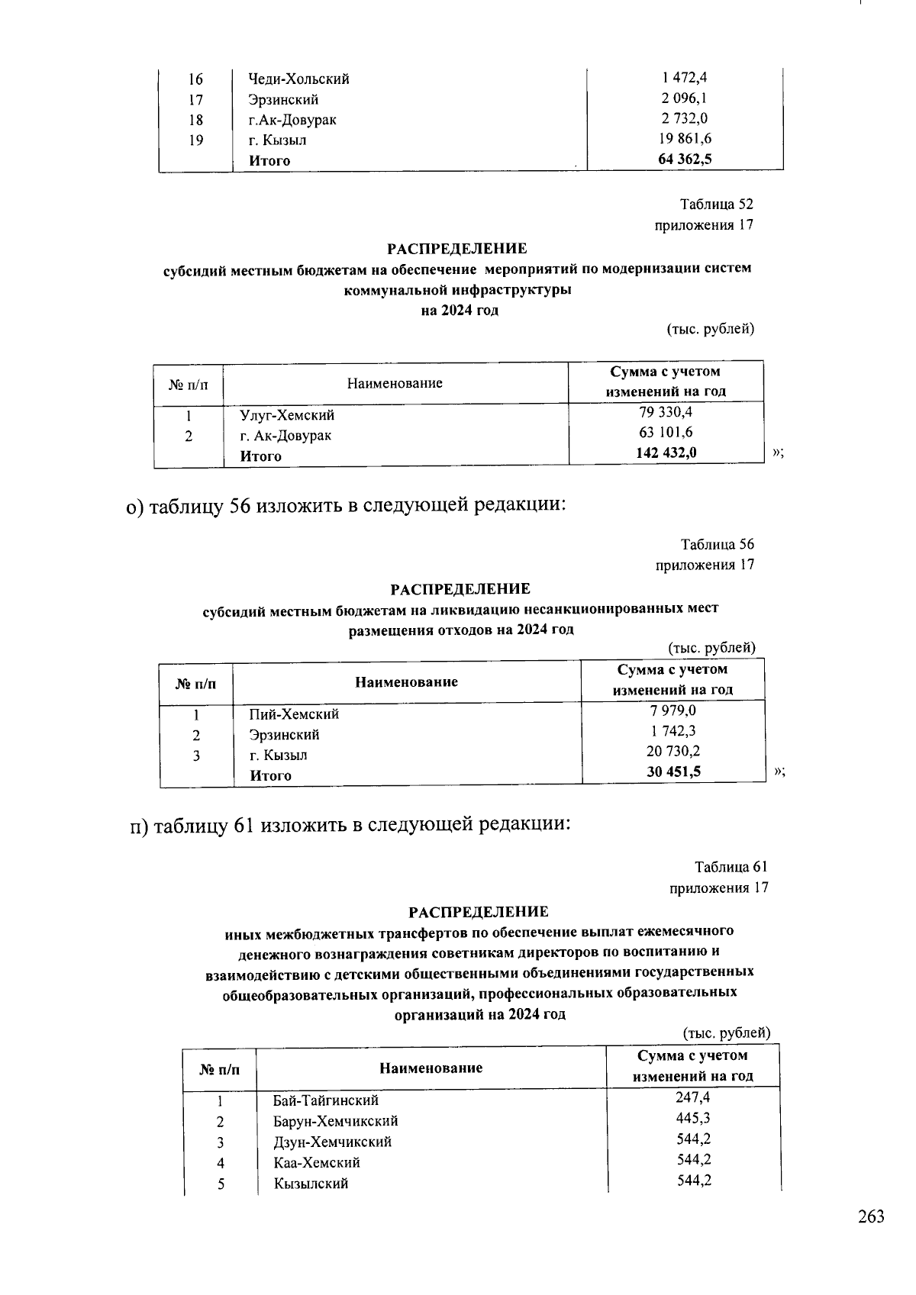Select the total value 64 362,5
tap(685, 159)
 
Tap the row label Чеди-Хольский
tap(298, 79)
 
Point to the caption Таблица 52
tap(717, 205)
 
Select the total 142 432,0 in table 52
tap(666, 453)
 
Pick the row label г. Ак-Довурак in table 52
tap(285, 436)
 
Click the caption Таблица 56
tap(718, 544)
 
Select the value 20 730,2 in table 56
tap(673, 751)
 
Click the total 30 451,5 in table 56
tap(673, 772)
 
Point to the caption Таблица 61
tap(731, 867)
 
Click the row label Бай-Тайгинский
tap(326, 1100)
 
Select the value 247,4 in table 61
tap(693, 1097)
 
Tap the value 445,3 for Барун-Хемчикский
tap(693, 1118)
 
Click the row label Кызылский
tap(311, 1184)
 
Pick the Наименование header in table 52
tap(395, 383)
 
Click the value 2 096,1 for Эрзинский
tap(685, 98)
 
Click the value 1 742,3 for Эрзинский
tap(673, 731)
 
